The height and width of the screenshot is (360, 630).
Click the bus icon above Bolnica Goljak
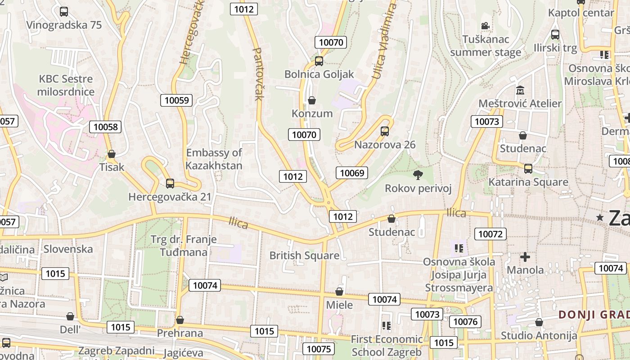319,61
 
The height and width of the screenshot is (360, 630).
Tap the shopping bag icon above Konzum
311,100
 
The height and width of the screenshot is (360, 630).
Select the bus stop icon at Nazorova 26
384,131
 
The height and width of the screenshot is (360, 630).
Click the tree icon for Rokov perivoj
418,175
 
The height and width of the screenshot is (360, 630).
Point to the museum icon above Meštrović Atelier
520,90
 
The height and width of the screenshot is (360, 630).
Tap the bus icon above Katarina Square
528,168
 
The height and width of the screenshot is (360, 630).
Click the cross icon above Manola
525,257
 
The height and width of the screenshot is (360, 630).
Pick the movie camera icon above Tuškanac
485,26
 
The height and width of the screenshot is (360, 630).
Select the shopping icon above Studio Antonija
539,322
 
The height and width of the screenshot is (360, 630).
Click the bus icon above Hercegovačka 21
170,183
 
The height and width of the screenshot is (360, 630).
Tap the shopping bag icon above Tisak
111,154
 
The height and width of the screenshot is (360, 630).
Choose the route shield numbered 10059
176,100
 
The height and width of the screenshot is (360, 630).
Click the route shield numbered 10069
352,173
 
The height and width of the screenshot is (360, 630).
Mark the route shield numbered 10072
490,234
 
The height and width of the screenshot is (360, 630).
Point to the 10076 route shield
465,321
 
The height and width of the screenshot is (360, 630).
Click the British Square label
304,256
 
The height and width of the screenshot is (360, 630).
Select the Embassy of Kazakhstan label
214,159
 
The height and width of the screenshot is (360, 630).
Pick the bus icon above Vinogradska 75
64,11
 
